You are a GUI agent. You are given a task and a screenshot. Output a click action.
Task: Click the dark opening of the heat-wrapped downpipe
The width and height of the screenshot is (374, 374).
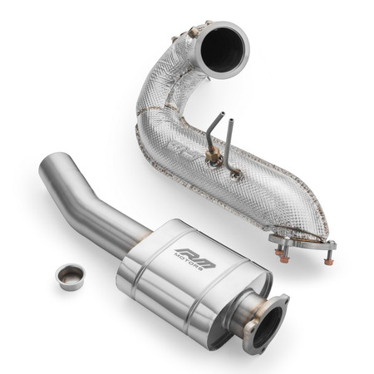[x=223, y=49]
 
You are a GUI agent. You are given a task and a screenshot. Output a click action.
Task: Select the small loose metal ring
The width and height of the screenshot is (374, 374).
[x=70, y=276]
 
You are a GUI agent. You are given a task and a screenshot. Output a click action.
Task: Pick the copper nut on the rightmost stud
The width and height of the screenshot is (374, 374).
[x=328, y=260]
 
